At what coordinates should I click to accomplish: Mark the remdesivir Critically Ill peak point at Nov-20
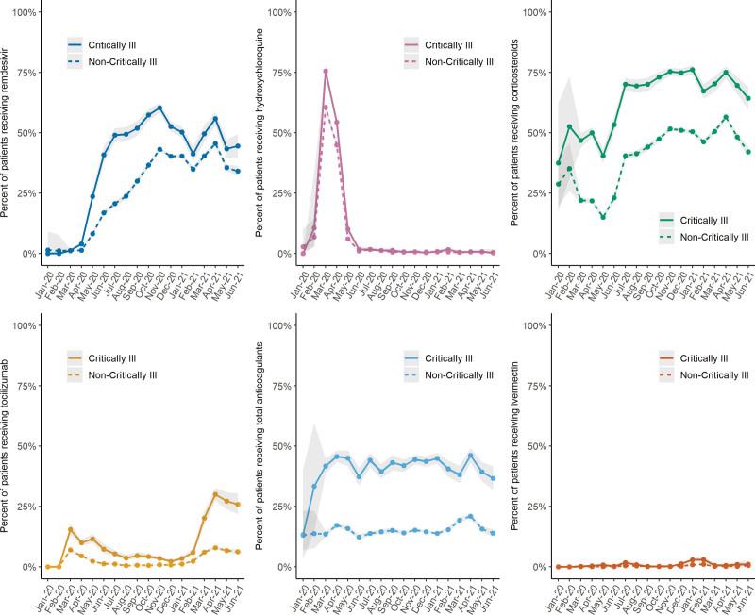pos(159,108)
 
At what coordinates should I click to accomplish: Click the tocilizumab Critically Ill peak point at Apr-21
pos(215,494)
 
